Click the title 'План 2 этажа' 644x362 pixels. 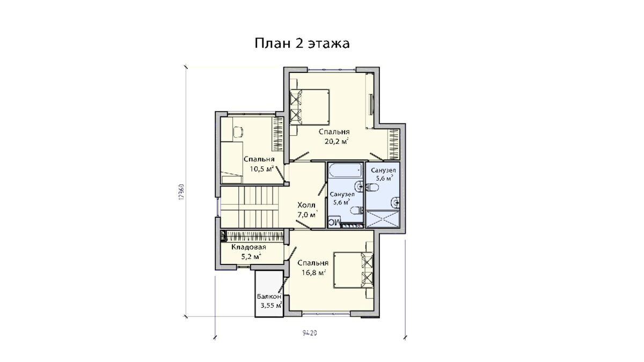(302, 43)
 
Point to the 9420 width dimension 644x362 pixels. (310, 333)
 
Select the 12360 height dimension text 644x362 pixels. (181, 191)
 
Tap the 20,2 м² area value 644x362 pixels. (333, 141)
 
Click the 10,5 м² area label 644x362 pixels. (262, 168)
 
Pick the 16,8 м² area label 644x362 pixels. (313, 272)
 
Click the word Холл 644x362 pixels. (306, 205)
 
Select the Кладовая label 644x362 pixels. (248, 247)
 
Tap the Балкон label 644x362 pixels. (269, 297)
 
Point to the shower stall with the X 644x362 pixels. (383, 219)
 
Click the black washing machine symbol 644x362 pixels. (334, 222)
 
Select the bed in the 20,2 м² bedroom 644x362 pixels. (309, 107)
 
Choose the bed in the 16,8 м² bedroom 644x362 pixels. (353, 270)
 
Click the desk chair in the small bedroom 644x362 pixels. (238, 132)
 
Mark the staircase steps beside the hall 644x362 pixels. (250, 206)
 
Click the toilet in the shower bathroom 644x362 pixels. (372, 188)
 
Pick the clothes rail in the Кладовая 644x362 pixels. (252, 236)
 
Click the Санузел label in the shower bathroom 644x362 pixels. (383, 171)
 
